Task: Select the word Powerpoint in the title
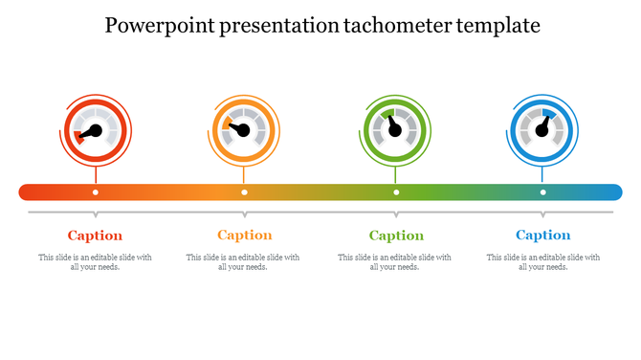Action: click(x=159, y=26)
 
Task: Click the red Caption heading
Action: click(x=95, y=236)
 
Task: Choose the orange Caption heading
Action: click(x=244, y=236)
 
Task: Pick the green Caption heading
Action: click(x=396, y=236)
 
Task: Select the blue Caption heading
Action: click(x=542, y=236)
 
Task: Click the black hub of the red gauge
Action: click(x=95, y=131)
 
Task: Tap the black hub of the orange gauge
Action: click(x=244, y=131)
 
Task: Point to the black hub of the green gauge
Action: click(x=396, y=131)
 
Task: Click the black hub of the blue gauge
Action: click(x=542, y=131)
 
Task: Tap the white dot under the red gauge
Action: click(x=95, y=192)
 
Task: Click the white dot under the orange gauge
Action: click(x=244, y=192)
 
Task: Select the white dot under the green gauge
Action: click(x=396, y=192)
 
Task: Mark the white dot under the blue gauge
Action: click(x=542, y=192)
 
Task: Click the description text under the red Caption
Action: click(x=95, y=261)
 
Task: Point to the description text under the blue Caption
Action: click(x=542, y=261)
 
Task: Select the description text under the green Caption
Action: click(x=395, y=261)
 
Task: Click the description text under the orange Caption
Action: click(x=243, y=261)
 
